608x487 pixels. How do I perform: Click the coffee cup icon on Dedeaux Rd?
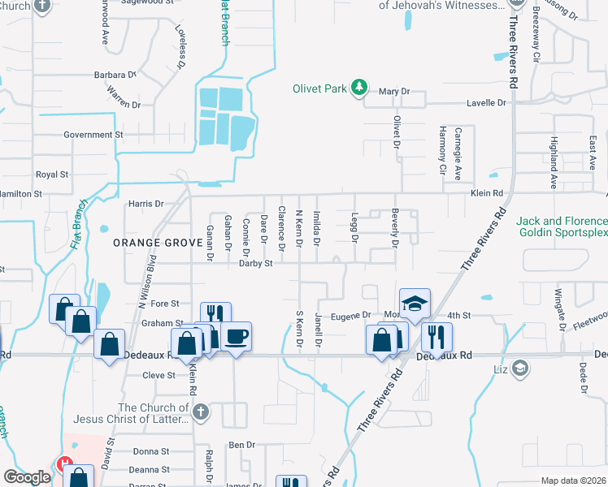pyautogui.click(x=236, y=337)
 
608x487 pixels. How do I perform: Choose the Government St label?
pyautogui.click(x=93, y=135)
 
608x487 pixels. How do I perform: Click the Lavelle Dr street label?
pyautogui.click(x=486, y=103)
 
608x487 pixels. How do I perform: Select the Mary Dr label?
pyautogui.click(x=393, y=92)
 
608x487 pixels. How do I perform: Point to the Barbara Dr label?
pyautogui.click(x=115, y=75)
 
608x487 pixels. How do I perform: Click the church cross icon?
pyautogui.click(x=201, y=412)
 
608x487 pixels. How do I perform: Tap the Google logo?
pyautogui.click(x=27, y=477)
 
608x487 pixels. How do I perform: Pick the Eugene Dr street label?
pyautogui.click(x=354, y=315)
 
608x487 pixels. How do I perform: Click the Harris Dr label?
pyautogui.click(x=146, y=204)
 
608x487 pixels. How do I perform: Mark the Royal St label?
pyautogui.click(x=52, y=175)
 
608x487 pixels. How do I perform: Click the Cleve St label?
pyautogui.click(x=159, y=376)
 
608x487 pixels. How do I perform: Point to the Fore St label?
pyautogui.click(x=164, y=304)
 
